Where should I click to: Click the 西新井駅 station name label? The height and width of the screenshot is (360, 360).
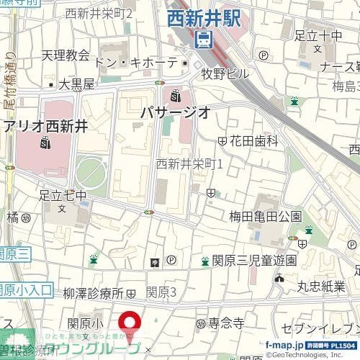click(204, 19)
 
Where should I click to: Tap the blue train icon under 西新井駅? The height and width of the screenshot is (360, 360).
click(204, 40)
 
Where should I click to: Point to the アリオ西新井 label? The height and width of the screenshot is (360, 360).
click(45, 127)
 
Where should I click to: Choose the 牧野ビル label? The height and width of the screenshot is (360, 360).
click(225, 73)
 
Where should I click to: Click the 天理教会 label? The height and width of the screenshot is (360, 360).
click(65, 55)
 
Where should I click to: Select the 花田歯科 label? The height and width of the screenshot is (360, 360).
click(253, 142)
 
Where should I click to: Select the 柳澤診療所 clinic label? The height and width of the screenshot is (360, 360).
click(94, 294)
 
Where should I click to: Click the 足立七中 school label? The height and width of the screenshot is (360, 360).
click(63, 195)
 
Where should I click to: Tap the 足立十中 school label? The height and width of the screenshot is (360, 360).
click(318, 35)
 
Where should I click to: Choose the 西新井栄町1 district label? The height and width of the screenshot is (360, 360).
click(190, 164)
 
